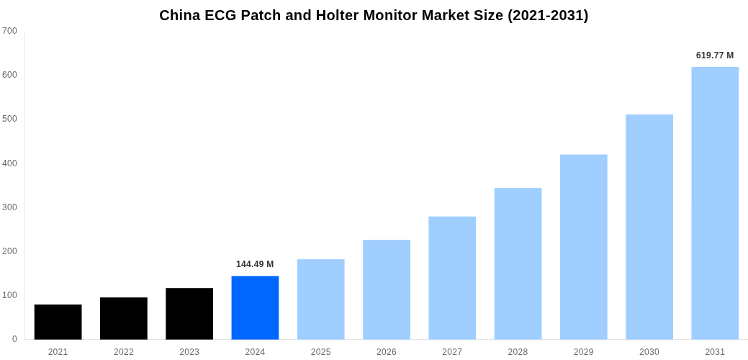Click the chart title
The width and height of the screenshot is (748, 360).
374,15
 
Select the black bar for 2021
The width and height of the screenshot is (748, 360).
58,322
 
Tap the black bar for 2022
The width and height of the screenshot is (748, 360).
124,318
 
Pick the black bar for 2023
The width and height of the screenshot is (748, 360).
189,314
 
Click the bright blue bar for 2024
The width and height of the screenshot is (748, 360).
255,307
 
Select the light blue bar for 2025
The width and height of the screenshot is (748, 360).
320,300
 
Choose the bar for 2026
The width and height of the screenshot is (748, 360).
387,289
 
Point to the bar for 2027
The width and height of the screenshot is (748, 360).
452,278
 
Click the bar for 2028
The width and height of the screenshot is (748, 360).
518,264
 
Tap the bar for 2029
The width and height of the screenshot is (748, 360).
583,247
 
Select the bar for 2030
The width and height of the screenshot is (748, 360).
649,227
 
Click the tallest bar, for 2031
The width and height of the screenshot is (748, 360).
715,203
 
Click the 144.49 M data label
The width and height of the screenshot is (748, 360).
255,264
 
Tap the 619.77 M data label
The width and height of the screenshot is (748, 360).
715,55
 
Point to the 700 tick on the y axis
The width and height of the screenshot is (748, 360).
10,31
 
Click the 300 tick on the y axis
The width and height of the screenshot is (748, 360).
10,207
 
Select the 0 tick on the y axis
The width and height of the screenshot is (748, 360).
14,339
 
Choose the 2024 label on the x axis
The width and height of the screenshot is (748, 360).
255,352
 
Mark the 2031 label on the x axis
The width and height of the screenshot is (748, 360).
715,352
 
